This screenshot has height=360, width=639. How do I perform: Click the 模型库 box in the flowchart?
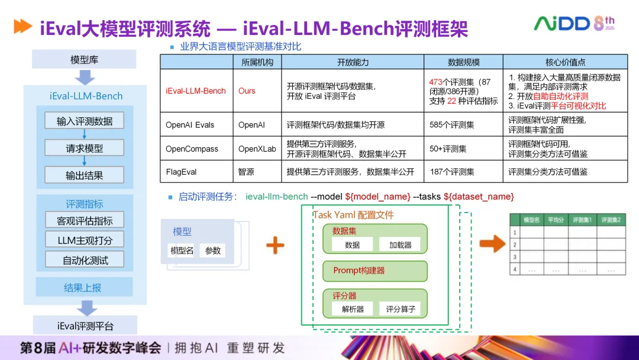(x=84, y=60)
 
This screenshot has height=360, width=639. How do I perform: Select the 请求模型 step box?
(x=85, y=148)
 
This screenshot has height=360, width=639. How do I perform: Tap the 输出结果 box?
(x=85, y=175)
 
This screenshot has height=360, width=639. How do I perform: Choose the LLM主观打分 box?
(x=85, y=239)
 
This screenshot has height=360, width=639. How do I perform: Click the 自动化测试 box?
(x=85, y=259)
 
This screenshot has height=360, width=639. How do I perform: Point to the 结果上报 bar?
(x=83, y=288)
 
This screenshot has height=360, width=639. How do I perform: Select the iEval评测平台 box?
(x=85, y=326)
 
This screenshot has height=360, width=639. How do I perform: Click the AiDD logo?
(x=561, y=24)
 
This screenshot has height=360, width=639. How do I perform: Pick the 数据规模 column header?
(x=463, y=62)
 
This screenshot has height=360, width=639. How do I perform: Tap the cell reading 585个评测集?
(x=451, y=125)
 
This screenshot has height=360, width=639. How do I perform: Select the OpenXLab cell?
(x=257, y=149)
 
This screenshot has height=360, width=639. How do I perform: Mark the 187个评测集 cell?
(x=451, y=172)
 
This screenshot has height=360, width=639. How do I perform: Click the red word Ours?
(x=247, y=91)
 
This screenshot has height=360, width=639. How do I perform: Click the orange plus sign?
(x=275, y=244)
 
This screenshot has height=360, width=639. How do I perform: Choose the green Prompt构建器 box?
(x=375, y=271)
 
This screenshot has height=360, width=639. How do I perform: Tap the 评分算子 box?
(x=401, y=309)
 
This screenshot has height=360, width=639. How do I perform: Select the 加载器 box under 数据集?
(x=401, y=245)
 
